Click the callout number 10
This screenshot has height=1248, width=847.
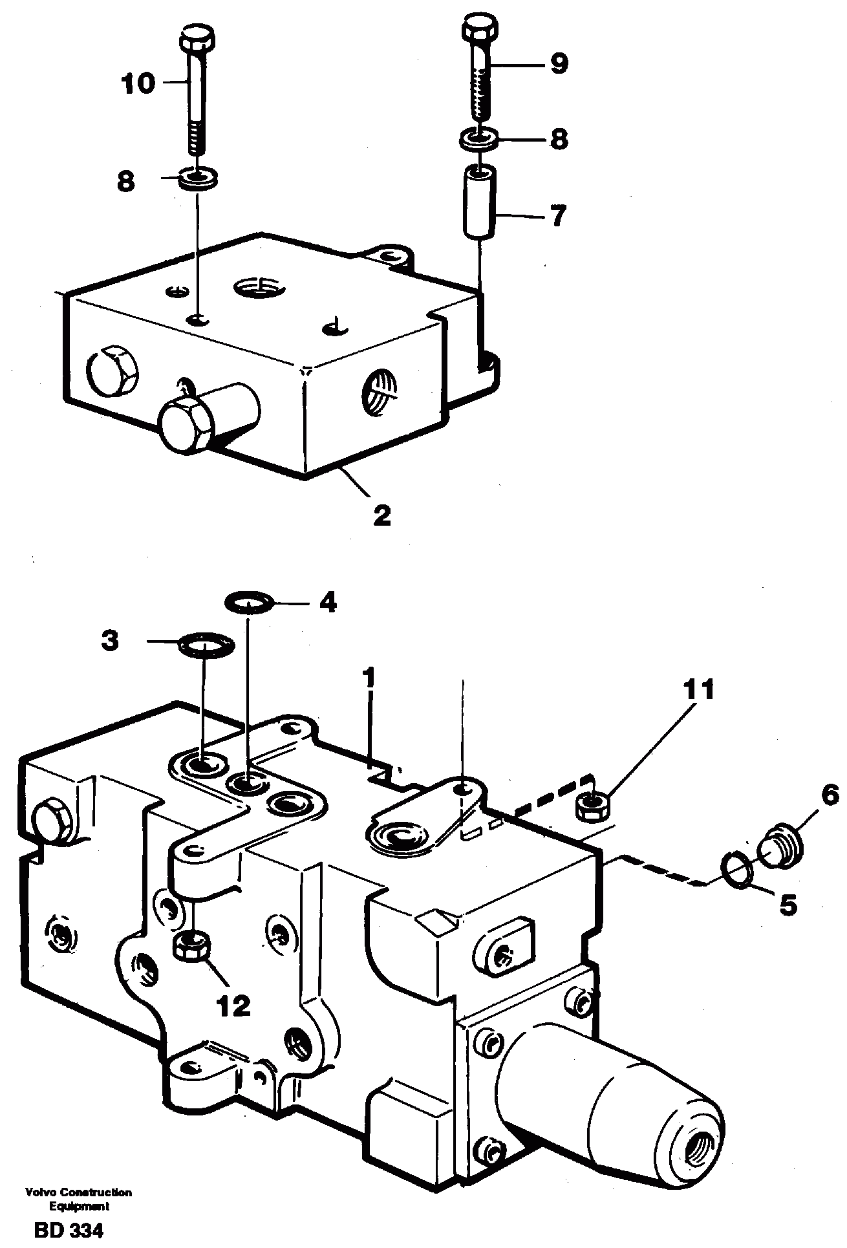138,83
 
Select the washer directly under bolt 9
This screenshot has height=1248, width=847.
479,138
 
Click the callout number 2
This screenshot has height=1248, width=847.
381,515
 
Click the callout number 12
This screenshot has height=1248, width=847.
233,1006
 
